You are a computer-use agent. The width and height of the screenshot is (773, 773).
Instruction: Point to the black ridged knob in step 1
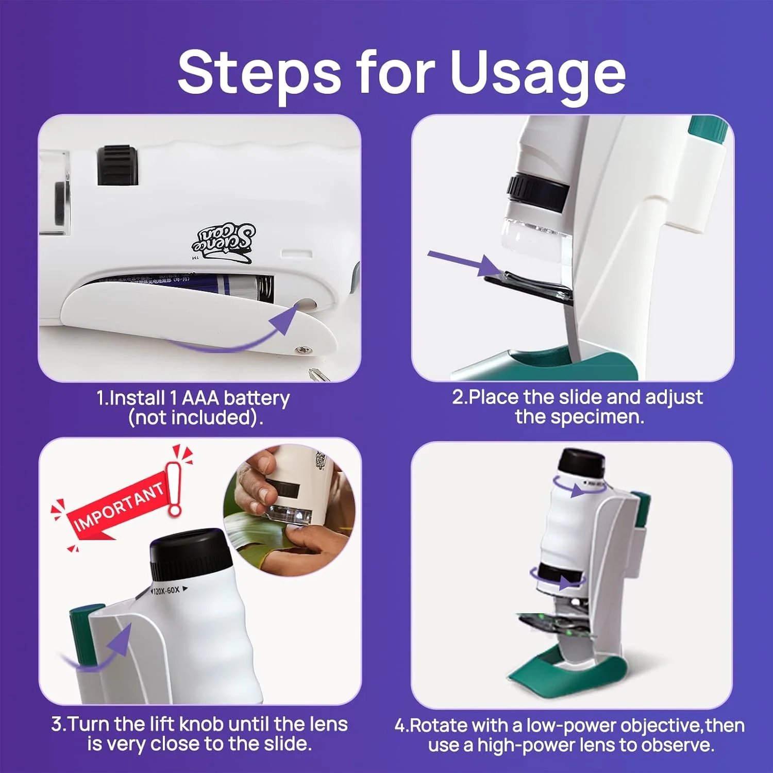(117, 165)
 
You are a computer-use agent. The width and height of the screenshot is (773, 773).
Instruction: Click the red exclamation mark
(175, 487)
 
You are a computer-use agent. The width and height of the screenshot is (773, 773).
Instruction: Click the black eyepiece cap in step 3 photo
(190, 554)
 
